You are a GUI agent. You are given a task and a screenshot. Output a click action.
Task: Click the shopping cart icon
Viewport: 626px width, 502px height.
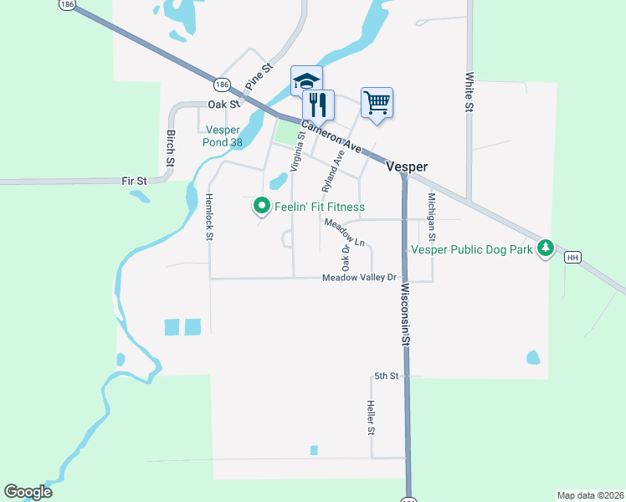(377, 103)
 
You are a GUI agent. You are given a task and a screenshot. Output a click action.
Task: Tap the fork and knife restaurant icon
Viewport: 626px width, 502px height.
(318, 105)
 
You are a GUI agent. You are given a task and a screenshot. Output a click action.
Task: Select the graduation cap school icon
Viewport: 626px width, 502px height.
(306, 81)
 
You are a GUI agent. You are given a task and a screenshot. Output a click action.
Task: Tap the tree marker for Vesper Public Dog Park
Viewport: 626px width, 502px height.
(546, 248)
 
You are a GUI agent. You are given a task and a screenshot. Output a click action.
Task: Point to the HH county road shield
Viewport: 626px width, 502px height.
(572, 258)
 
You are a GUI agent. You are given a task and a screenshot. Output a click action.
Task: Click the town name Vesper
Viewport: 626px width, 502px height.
(407, 166)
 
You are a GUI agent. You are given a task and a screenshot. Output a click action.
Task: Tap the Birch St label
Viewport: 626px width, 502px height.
(171, 147)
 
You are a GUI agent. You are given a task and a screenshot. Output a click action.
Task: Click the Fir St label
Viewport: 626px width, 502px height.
(134, 180)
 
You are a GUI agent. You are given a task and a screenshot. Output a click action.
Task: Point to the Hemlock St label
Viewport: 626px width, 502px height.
(208, 218)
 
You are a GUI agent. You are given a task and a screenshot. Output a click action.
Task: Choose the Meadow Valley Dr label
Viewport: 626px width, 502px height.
(359, 278)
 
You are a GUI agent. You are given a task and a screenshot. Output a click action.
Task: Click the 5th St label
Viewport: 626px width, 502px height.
(386, 376)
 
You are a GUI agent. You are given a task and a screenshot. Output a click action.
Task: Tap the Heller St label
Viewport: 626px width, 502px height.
(370, 418)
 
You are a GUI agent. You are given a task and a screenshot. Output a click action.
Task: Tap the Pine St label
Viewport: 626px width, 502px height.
(259, 77)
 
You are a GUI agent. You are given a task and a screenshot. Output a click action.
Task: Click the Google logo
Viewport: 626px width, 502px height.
(28, 492)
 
